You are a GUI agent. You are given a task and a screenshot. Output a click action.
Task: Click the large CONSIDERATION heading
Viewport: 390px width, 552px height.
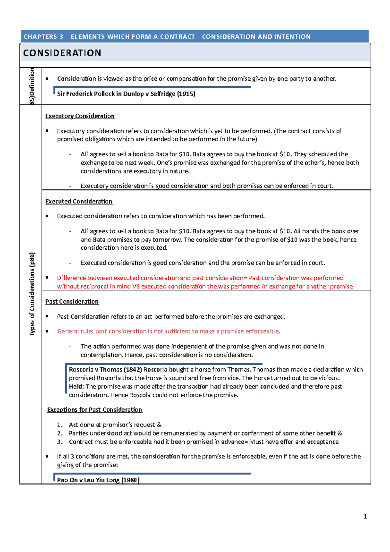[x=62, y=53]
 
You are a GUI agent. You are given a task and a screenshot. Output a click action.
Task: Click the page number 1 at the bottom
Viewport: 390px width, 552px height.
[x=365, y=516]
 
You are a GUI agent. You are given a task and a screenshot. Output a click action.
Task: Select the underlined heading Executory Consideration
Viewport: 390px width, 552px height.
[x=80, y=116]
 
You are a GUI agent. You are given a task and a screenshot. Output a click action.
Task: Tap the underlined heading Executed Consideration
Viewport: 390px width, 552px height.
[x=79, y=202]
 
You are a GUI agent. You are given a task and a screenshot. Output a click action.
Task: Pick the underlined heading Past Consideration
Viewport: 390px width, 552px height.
[x=72, y=302]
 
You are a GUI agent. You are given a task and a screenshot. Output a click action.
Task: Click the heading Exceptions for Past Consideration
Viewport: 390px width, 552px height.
[x=95, y=410]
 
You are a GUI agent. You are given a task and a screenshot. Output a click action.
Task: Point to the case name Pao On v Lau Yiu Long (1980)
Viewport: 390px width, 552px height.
[x=98, y=480]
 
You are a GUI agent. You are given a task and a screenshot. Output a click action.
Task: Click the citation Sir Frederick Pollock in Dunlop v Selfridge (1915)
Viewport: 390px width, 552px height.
[x=126, y=94]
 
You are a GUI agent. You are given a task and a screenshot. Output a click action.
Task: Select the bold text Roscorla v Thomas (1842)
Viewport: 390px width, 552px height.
[x=105, y=370]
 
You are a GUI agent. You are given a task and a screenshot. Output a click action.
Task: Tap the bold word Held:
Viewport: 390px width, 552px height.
[x=76, y=387]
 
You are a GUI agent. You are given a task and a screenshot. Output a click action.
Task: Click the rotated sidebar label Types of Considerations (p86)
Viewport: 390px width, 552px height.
[x=32, y=294]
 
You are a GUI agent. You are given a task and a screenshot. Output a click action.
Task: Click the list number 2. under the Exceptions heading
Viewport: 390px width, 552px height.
[x=60, y=433]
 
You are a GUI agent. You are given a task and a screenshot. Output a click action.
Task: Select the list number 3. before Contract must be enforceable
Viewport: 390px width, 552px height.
[x=60, y=442]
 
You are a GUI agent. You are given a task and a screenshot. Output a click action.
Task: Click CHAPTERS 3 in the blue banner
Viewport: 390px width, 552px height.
[x=43, y=37]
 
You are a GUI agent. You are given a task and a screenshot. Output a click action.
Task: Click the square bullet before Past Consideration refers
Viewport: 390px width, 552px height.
[x=47, y=316]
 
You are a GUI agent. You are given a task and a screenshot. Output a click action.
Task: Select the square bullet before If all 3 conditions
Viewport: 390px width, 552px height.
[x=47, y=456]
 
